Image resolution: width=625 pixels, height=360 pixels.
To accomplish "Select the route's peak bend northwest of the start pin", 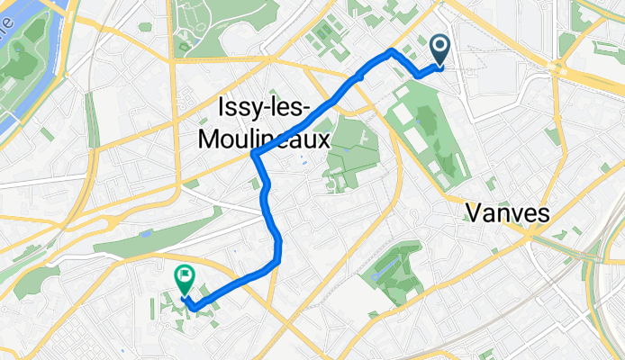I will (390, 51).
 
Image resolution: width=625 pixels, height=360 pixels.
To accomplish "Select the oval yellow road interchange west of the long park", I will (117, 220).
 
